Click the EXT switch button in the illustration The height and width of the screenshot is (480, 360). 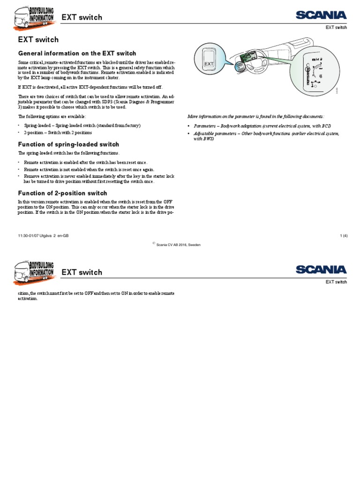(209, 63)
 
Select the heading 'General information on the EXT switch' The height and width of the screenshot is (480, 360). (77, 53)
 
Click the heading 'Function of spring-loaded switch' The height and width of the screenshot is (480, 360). (68, 144)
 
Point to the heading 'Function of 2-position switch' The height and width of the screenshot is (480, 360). (62, 193)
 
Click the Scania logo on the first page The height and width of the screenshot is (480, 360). (321, 16)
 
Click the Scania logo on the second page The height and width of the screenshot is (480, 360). (321, 270)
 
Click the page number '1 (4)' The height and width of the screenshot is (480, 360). (343, 236)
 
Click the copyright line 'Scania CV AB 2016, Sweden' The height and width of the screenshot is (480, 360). (178, 245)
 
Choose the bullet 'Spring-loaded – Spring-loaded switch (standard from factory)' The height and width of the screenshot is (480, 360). (82, 126)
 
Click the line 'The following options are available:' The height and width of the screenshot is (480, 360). (52, 116)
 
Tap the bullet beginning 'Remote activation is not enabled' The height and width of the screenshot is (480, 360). (89, 169)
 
